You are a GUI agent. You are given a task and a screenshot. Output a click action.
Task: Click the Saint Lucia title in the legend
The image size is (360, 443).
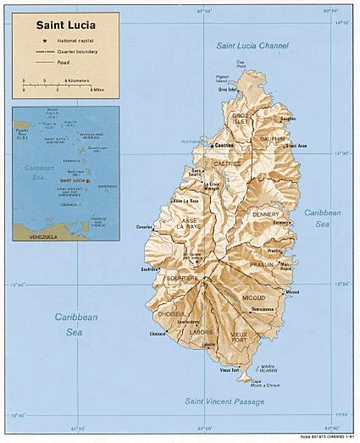[64, 25]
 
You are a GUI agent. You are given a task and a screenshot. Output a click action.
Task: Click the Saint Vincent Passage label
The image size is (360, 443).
[228, 401]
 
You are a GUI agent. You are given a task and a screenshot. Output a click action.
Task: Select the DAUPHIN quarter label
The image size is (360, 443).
[273, 138]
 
